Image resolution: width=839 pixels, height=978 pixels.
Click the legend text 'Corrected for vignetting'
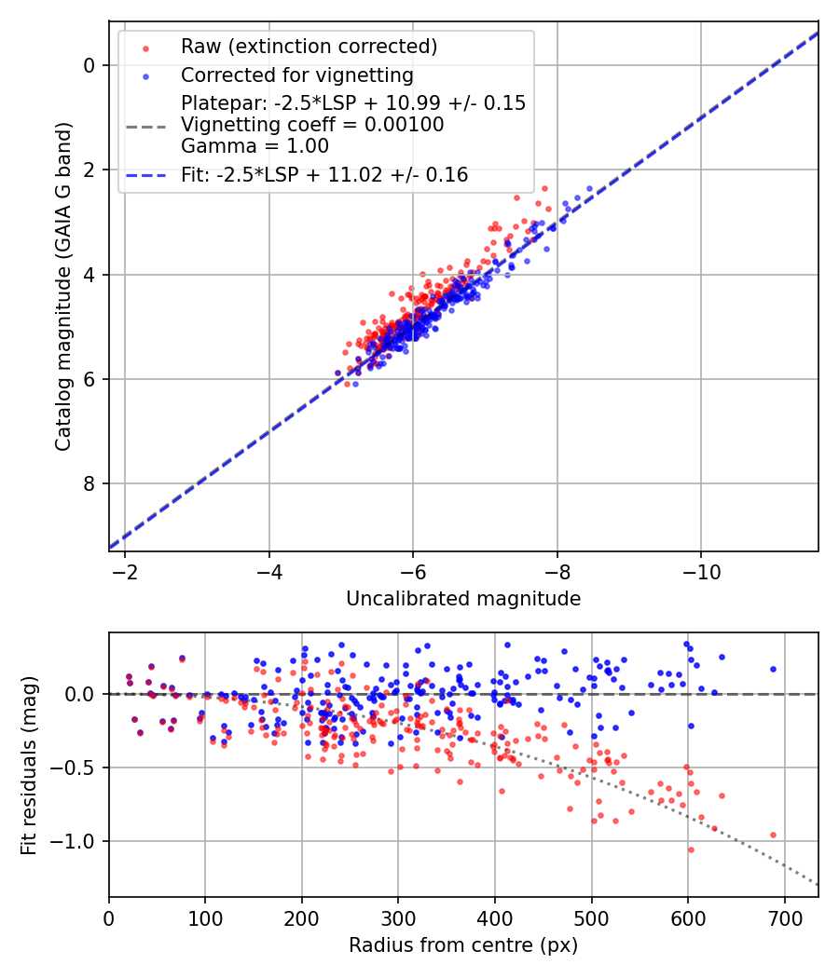click(296, 75)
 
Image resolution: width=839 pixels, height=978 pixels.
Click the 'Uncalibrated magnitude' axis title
click(463, 599)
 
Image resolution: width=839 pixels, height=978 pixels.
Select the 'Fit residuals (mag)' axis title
click(29, 766)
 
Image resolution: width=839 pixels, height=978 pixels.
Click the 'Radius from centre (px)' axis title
click(463, 945)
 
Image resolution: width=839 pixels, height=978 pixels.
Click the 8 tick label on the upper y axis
click(90, 483)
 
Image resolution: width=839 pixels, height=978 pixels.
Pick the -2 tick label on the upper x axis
click(125, 572)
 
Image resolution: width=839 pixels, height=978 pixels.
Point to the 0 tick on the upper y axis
click(90, 65)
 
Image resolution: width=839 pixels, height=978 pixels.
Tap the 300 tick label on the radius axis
click(398, 917)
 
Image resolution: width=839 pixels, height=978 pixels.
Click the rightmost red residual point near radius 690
click(773, 835)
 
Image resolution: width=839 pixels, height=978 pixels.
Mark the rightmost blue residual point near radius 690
click(773, 669)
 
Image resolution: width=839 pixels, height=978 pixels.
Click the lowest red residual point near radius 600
click(691, 849)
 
